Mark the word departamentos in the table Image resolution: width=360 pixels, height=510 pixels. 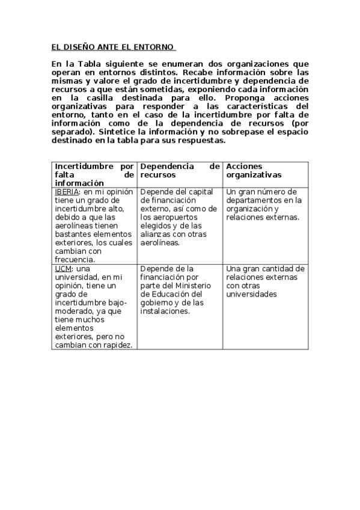pos(252,200)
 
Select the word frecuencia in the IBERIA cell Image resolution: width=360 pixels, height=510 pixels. pos(75,259)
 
